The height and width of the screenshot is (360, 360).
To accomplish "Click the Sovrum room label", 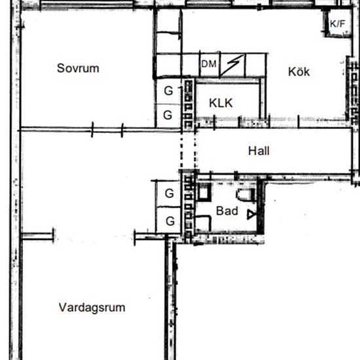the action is tap(78, 68).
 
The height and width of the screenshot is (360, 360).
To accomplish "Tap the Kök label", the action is tap(298, 71).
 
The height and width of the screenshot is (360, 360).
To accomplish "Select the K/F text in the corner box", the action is tap(338, 24).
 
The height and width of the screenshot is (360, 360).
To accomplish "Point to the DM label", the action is tap(209, 64).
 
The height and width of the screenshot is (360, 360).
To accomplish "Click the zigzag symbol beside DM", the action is tap(232, 65).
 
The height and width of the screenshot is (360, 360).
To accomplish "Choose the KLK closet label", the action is tap(221, 103).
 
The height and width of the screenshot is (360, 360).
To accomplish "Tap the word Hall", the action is tap(259, 151).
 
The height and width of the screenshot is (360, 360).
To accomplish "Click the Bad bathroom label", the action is tap(227, 211).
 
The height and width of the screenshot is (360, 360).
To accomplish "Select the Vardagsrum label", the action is tap(92, 308).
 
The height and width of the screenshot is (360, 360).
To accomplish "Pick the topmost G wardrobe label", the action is tap(168, 91).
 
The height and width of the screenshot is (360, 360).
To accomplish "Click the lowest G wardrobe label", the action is tap(170, 221).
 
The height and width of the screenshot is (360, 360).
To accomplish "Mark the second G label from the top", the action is tap(168, 115).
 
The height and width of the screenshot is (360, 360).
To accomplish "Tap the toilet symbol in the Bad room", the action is tap(245, 194).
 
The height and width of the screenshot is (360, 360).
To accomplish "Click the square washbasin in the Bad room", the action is tap(204, 192).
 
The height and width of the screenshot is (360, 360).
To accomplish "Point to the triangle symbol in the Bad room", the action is tap(251, 215).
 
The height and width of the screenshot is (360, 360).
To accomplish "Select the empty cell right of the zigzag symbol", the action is tap(255, 65).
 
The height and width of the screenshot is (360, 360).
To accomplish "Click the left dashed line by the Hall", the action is tap(181, 151).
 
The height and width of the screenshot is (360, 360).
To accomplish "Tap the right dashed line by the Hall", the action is tap(195, 151).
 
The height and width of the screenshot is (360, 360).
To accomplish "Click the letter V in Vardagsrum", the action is tap(62, 307).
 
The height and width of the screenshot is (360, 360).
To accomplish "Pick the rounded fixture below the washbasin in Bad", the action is tap(202, 223).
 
